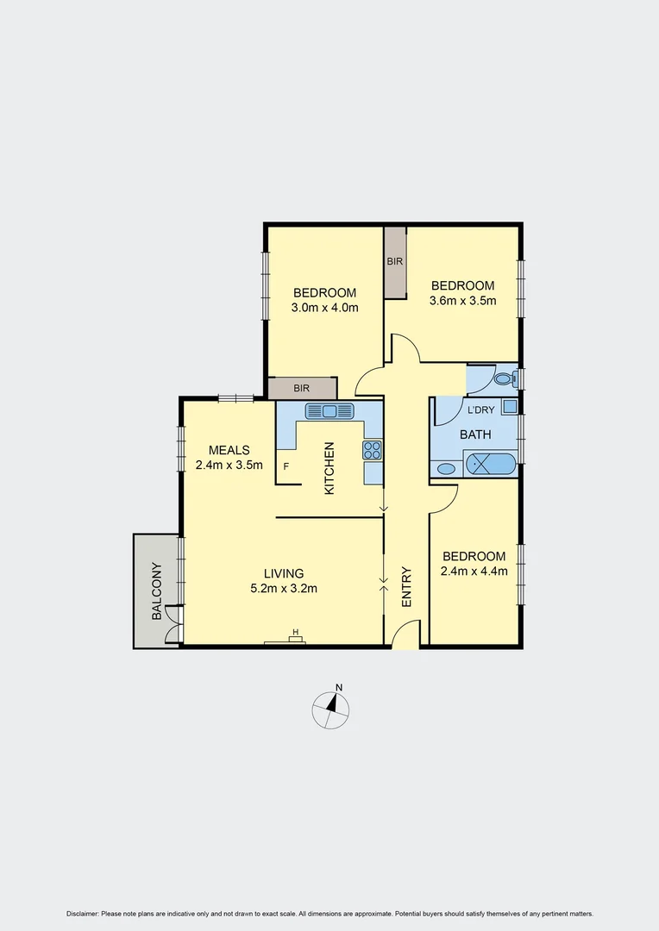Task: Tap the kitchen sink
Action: (329, 411)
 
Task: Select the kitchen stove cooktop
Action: (373, 449)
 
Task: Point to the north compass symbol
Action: (331, 708)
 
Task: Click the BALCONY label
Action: (157, 591)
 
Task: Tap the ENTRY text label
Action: (406, 586)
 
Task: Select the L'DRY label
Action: (480, 410)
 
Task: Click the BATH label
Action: (475, 435)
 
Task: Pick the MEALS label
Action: (229, 450)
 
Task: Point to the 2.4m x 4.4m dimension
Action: (474, 571)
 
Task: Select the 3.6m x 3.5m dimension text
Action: (463, 301)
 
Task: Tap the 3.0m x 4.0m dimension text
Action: (324, 307)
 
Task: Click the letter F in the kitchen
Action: (286, 466)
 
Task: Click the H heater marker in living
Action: (296, 634)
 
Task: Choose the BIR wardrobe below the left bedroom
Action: (301, 389)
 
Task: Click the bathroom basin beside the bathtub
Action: (446, 469)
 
